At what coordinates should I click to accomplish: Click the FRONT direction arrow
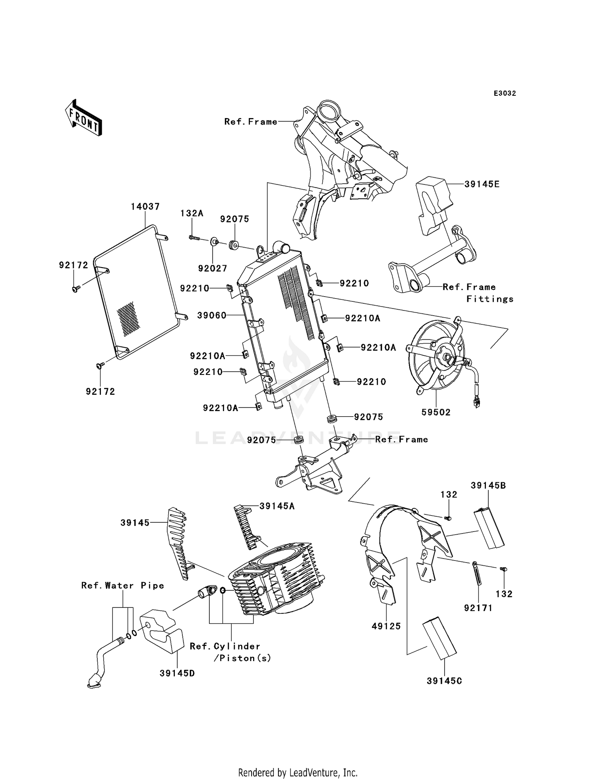pos(84,118)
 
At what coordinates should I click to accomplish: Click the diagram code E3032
pos(505,93)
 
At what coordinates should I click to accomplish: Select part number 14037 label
pos(145,207)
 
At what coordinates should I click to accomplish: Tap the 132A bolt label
pos(192,213)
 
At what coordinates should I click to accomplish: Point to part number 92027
pos(213,268)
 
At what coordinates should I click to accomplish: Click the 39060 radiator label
pos(212,316)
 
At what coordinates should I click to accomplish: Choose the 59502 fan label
pos(436,412)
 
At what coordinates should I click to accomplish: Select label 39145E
pos(482,184)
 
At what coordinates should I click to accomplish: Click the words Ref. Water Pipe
pos(123,585)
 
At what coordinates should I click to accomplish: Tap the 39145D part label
pos(177,673)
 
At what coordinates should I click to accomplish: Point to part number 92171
pos(478,608)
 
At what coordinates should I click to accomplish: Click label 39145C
pos(444,681)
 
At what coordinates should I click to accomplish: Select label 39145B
pos(488,485)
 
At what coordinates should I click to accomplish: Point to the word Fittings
pos(490,299)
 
